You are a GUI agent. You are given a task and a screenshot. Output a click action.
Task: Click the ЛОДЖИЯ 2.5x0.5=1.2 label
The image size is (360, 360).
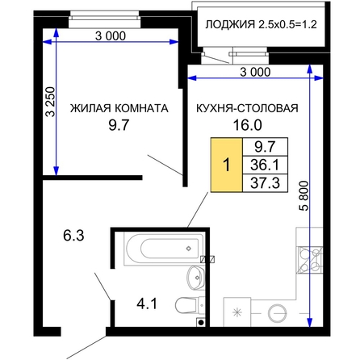[x=261, y=24]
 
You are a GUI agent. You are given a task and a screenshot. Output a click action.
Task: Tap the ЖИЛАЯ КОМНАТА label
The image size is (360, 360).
[x=119, y=108]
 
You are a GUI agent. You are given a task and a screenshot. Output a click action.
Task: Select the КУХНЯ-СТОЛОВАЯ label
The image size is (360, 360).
[x=247, y=108]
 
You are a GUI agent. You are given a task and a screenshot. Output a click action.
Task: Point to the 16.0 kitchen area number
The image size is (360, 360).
[x=247, y=125]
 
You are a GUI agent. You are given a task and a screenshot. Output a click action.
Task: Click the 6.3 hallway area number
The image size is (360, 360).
[x=73, y=236]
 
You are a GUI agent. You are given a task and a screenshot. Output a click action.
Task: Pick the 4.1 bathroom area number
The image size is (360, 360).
[x=147, y=304]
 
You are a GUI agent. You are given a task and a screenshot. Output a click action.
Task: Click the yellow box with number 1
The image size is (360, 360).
[x=227, y=165]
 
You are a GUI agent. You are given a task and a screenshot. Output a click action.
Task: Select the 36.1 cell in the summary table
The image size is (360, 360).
[x=265, y=165]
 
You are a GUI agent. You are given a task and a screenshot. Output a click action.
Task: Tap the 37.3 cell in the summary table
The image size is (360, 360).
[x=265, y=183]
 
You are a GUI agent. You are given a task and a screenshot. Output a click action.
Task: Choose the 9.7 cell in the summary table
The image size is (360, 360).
[x=265, y=147]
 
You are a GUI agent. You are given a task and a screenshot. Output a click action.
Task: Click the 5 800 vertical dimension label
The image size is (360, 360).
[x=303, y=195]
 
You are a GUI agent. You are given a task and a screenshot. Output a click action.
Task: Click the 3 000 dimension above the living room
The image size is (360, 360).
[x=111, y=36]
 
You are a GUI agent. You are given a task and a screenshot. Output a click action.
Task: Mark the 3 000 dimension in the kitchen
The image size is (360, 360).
[x=255, y=72]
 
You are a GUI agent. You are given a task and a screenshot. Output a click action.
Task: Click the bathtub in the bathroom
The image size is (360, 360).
[x=164, y=249]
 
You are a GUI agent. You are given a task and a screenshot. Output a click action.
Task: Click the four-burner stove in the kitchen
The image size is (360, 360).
[x=309, y=260]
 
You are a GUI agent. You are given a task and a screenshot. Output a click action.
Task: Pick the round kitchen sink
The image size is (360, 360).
[x=277, y=313]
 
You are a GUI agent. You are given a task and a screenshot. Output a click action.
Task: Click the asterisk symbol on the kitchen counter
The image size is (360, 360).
[x=237, y=312]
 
